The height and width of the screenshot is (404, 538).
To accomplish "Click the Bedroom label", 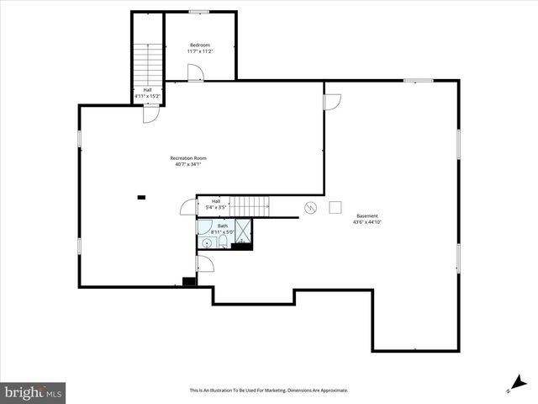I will [199, 45].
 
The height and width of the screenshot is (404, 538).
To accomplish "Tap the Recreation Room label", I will [188, 158].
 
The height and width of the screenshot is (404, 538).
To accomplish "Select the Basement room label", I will [367, 215].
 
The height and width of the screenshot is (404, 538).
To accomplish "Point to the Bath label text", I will [223, 226].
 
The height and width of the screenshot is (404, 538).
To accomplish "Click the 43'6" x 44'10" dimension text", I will [367, 222].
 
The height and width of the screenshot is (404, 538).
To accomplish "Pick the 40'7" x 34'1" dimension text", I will [188, 165].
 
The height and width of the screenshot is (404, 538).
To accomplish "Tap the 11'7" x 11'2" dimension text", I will [199, 51].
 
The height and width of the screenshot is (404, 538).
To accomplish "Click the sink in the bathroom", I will [206, 243].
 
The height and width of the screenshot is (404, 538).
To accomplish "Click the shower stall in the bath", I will [243, 231].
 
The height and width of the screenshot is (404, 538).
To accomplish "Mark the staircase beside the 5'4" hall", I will [248, 205].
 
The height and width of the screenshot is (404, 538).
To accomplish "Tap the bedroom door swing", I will [194, 72].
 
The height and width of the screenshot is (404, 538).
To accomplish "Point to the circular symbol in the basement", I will [310, 207].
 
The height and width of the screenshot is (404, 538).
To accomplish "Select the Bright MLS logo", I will [33, 392].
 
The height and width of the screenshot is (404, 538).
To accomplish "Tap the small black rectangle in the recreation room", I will [141, 198].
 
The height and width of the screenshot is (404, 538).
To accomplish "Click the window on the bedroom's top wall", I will [199, 12].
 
